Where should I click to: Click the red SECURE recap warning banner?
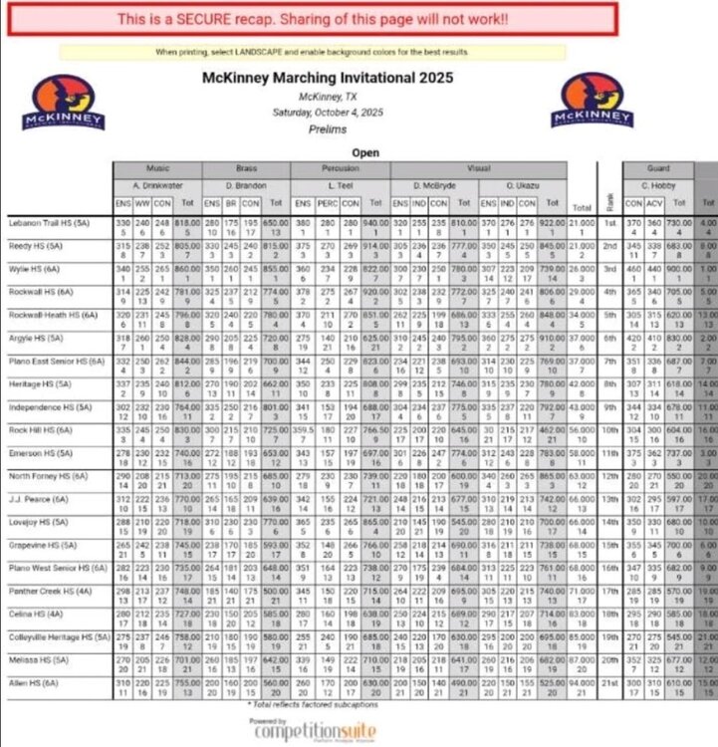pyautogui.click(x=312, y=19)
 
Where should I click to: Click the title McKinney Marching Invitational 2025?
pyautogui.click(x=328, y=77)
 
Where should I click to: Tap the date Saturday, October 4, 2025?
pyautogui.click(x=328, y=113)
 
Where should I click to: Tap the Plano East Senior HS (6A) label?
pyautogui.click(x=58, y=364)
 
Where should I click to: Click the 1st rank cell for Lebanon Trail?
pyautogui.click(x=609, y=225)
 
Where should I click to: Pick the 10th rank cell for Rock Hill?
pyautogui.click(x=609, y=430)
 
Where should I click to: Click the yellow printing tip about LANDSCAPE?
pyautogui.click(x=312, y=51)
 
